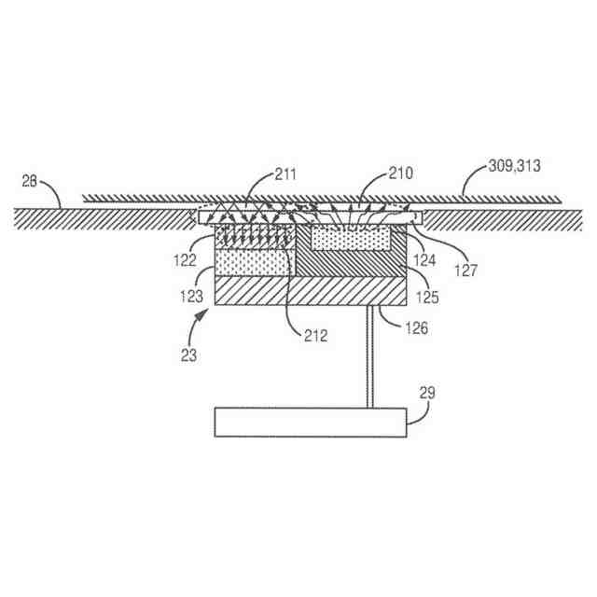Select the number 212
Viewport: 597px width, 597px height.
(x=315, y=335)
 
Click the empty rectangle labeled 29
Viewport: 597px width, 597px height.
(x=312, y=422)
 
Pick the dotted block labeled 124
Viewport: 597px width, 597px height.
(x=350, y=239)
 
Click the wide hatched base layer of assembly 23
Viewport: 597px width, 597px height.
(x=311, y=292)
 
